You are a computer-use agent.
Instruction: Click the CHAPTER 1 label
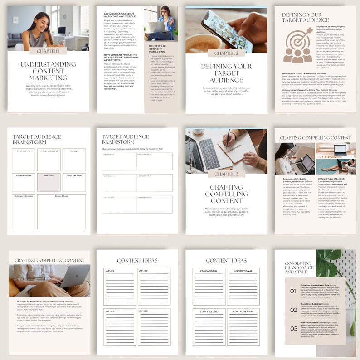tap(48, 51)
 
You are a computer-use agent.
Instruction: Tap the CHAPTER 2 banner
tap(226, 53)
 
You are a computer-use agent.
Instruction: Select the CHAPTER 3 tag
tap(226, 174)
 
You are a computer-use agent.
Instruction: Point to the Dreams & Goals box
tap(61, 211)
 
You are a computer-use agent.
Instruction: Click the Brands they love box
tap(23, 160)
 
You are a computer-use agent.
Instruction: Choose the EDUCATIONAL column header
tap(209, 271)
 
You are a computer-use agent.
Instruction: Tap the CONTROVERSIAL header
tap(243, 311)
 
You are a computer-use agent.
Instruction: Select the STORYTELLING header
tap(209, 311)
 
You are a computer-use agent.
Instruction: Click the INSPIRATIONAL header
tap(243, 271)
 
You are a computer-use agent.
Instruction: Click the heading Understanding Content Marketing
tap(48, 71)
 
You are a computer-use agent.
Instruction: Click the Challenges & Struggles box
tap(23, 211)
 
